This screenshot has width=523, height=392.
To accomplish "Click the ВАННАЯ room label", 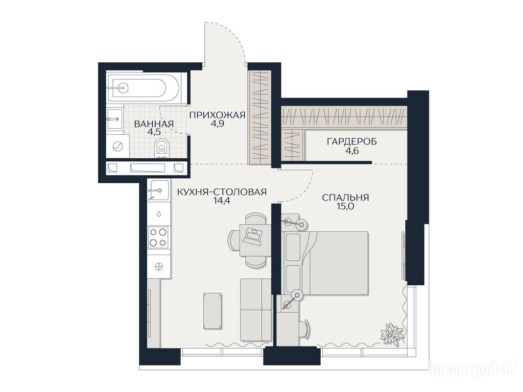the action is coord(154,124).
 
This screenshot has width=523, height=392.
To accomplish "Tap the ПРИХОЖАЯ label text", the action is coord(218,115).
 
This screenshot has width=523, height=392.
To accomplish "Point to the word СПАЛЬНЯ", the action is coord(346,198).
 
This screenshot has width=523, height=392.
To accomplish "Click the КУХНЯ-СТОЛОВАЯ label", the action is coord(222,192).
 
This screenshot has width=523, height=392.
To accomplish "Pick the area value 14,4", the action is coord(222,201).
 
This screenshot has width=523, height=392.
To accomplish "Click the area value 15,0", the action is coord(346,206).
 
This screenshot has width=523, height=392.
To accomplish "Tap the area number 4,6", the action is coord(352,151).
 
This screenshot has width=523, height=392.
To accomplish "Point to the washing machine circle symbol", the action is coord(118,146).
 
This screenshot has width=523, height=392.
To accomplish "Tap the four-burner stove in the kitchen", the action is coord(158,237).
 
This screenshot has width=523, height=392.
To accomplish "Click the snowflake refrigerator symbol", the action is coord(159,266).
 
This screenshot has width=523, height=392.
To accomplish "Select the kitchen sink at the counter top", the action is coord(158,190).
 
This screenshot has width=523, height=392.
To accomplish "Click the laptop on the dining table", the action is coord(252,235).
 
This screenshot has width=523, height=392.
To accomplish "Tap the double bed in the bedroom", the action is coord(326,263).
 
